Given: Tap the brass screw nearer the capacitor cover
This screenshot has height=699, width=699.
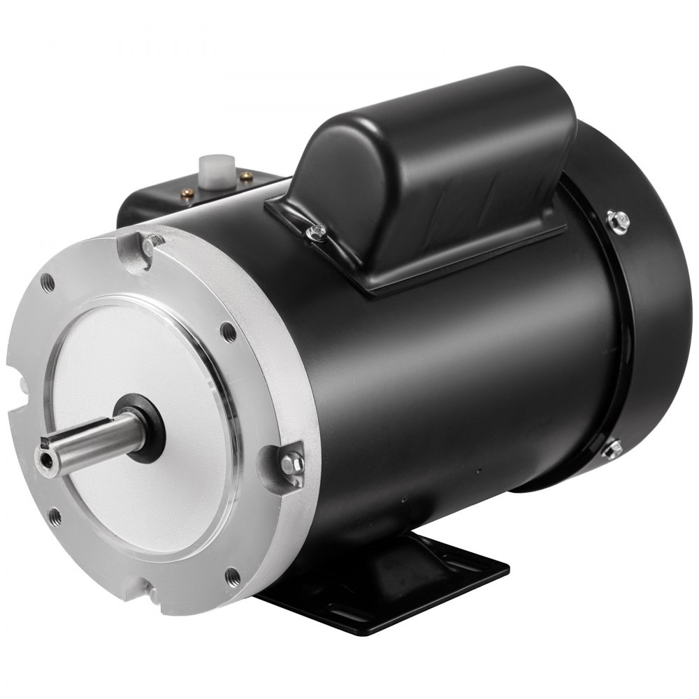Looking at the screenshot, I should click(246, 177).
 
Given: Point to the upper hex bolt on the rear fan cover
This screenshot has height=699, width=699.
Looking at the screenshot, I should click(618, 220).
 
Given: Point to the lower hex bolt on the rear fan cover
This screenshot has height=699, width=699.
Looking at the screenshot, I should click(612, 448).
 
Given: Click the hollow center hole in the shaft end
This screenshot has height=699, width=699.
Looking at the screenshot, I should click(46, 463).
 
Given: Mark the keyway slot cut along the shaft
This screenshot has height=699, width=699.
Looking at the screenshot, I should click(77, 435).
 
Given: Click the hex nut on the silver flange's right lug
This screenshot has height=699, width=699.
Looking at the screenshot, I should click(291, 462).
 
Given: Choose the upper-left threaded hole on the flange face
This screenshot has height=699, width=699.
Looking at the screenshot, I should click(47, 282).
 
